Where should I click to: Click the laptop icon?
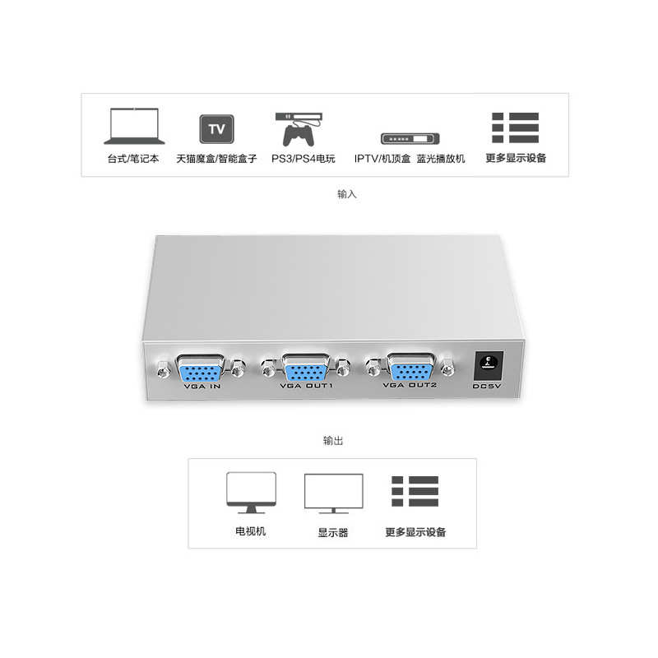[x=134, y=128]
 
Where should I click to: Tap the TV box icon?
[x=216, y=129]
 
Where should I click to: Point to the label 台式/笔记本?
[x=132, y=158]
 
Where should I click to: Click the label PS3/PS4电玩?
[x=303, y=158]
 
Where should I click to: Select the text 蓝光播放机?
[x=440, y=158]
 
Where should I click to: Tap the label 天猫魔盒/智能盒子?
[x=216, y=158]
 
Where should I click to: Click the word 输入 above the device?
[x=347, y=195]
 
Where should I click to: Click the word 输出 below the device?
[x=333, y=441]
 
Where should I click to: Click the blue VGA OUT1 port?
[x=306, y=367]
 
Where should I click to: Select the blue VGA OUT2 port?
[x=410, y=366]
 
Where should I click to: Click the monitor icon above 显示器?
[x=333, y=493]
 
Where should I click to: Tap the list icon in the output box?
[x=415, y=491]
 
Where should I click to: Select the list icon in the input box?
[x=516, y=128]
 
